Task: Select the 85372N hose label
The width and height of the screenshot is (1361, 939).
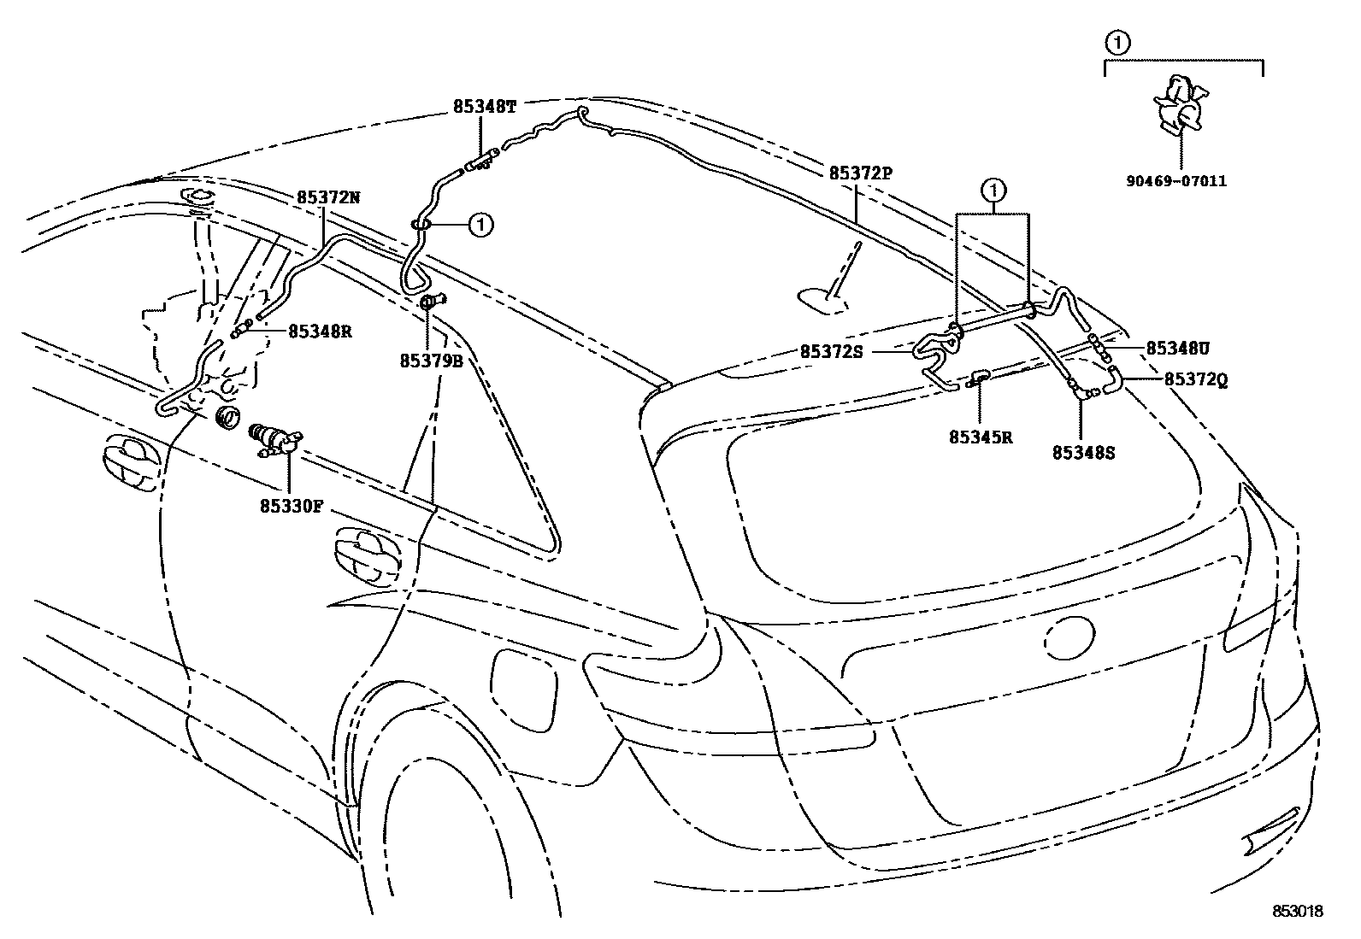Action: tap(328, 197)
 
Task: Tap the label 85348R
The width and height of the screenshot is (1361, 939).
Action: tap(320, 332)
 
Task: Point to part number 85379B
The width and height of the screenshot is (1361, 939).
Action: tap(431, 361)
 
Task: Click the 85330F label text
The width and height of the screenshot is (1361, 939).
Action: tap(292, 505)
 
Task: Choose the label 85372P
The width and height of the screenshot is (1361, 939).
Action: tap(860, 173)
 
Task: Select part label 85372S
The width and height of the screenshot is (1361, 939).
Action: tap(832, 351)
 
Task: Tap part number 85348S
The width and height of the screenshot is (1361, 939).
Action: tap(1083, 453)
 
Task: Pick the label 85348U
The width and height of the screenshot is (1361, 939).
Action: tap(1177, 348)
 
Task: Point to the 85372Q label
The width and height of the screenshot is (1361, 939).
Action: tap(1196, 381)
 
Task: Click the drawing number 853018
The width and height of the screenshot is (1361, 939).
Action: tap(1297, 912)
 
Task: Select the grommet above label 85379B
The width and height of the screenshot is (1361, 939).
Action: tap(432, 302)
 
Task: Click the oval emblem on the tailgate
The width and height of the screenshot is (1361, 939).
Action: tap(1067, 637)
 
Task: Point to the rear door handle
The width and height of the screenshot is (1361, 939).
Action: tap(370, 555)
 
